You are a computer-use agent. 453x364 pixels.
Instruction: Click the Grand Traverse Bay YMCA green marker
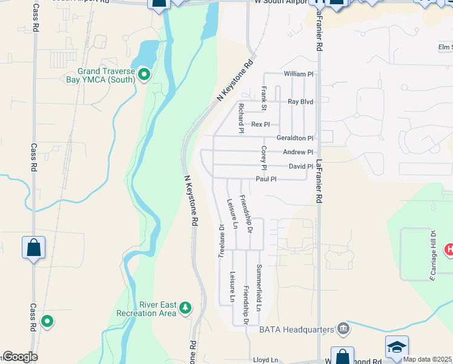tap(144, 74)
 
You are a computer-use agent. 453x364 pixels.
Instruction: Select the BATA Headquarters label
tap(297, 329)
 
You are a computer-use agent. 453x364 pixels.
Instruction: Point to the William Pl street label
tap(299, 74)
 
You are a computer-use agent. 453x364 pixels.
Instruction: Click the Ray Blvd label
tap(300, 102)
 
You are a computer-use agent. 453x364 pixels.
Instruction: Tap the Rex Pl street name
tap(260, 124)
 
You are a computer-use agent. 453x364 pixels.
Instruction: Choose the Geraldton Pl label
tap(295, 138)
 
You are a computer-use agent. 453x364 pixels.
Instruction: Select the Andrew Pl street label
tap(298, 152)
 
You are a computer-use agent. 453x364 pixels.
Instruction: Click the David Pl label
tap(300, 166)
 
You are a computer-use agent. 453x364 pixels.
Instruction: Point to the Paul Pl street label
tap(266, 179)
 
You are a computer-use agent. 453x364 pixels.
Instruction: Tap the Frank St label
tap(263, 98)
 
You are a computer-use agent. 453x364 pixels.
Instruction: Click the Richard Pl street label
tap(240, 118)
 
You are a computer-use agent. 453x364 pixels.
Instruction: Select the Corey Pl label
tap(263, 158)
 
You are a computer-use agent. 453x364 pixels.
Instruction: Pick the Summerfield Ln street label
tap(259, 288)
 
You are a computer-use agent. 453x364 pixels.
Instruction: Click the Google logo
tap(20, 357)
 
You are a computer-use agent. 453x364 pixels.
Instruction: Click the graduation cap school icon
tap(397, 346)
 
